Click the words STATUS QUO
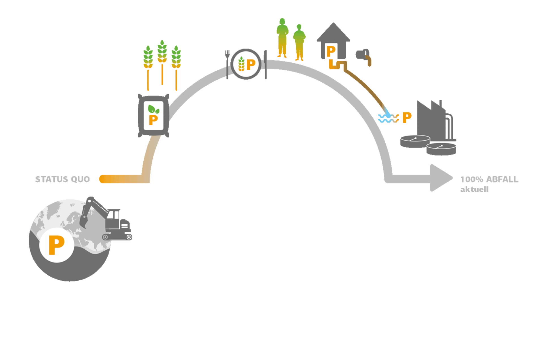(62, 179)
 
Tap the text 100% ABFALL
(489, 179)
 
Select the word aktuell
(474, 189)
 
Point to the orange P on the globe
(56, 245)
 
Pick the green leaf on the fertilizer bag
(153, 109)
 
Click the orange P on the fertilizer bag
(153, 120)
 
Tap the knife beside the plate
(265, 65)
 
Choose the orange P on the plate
(251, 65)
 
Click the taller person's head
(282, 22)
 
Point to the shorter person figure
(299, 43)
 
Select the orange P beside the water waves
(407, 117)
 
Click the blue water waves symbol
(388, 118)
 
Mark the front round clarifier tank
(441, 149)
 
